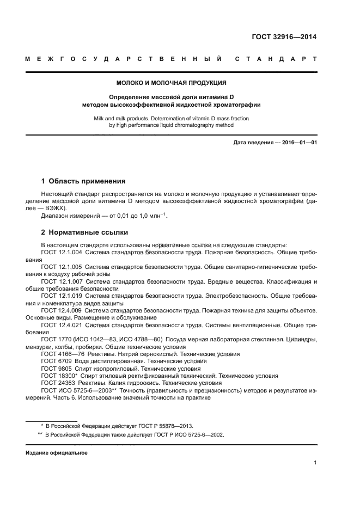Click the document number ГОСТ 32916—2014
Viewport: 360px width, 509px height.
coord(285,38)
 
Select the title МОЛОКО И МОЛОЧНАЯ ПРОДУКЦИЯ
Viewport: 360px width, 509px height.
coord(172,83)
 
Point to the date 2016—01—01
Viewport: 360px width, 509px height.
coord(298,143)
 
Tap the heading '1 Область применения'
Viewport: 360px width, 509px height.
coord(83,181)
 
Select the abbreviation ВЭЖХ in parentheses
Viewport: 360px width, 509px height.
coord(56,208)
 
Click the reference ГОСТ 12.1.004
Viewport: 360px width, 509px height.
coord(62,253)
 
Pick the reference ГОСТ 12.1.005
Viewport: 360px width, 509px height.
coord(62,267)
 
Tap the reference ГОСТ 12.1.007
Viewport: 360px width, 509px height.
coord(62,281)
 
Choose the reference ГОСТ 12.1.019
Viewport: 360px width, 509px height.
coord(62,296)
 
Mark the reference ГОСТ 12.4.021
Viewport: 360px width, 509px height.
coord(62,324)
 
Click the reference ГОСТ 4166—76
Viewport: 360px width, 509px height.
coord(61,353)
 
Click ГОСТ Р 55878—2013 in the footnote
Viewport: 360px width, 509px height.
coord(162,426)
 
